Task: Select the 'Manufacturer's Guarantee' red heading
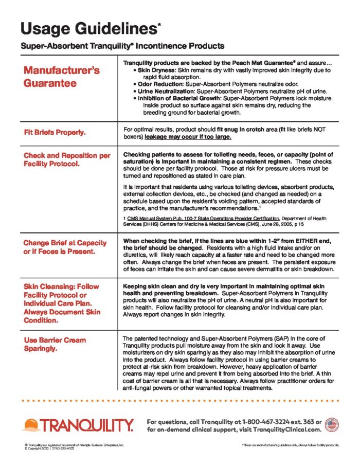coord(61,76)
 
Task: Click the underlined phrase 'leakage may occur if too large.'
coord(188,137)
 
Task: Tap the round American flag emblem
coord(332,424)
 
